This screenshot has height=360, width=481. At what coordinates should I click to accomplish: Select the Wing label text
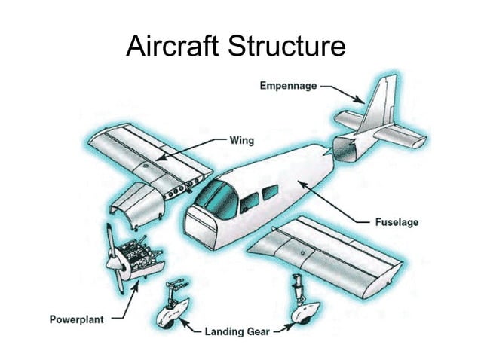243,140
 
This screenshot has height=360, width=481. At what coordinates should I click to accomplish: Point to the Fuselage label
397,222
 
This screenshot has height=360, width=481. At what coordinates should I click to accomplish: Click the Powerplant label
76,318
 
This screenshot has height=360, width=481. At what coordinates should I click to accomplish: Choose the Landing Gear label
238,330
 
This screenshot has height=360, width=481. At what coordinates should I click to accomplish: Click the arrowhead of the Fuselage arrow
300,182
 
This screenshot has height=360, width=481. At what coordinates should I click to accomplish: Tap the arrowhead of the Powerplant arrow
136,288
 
